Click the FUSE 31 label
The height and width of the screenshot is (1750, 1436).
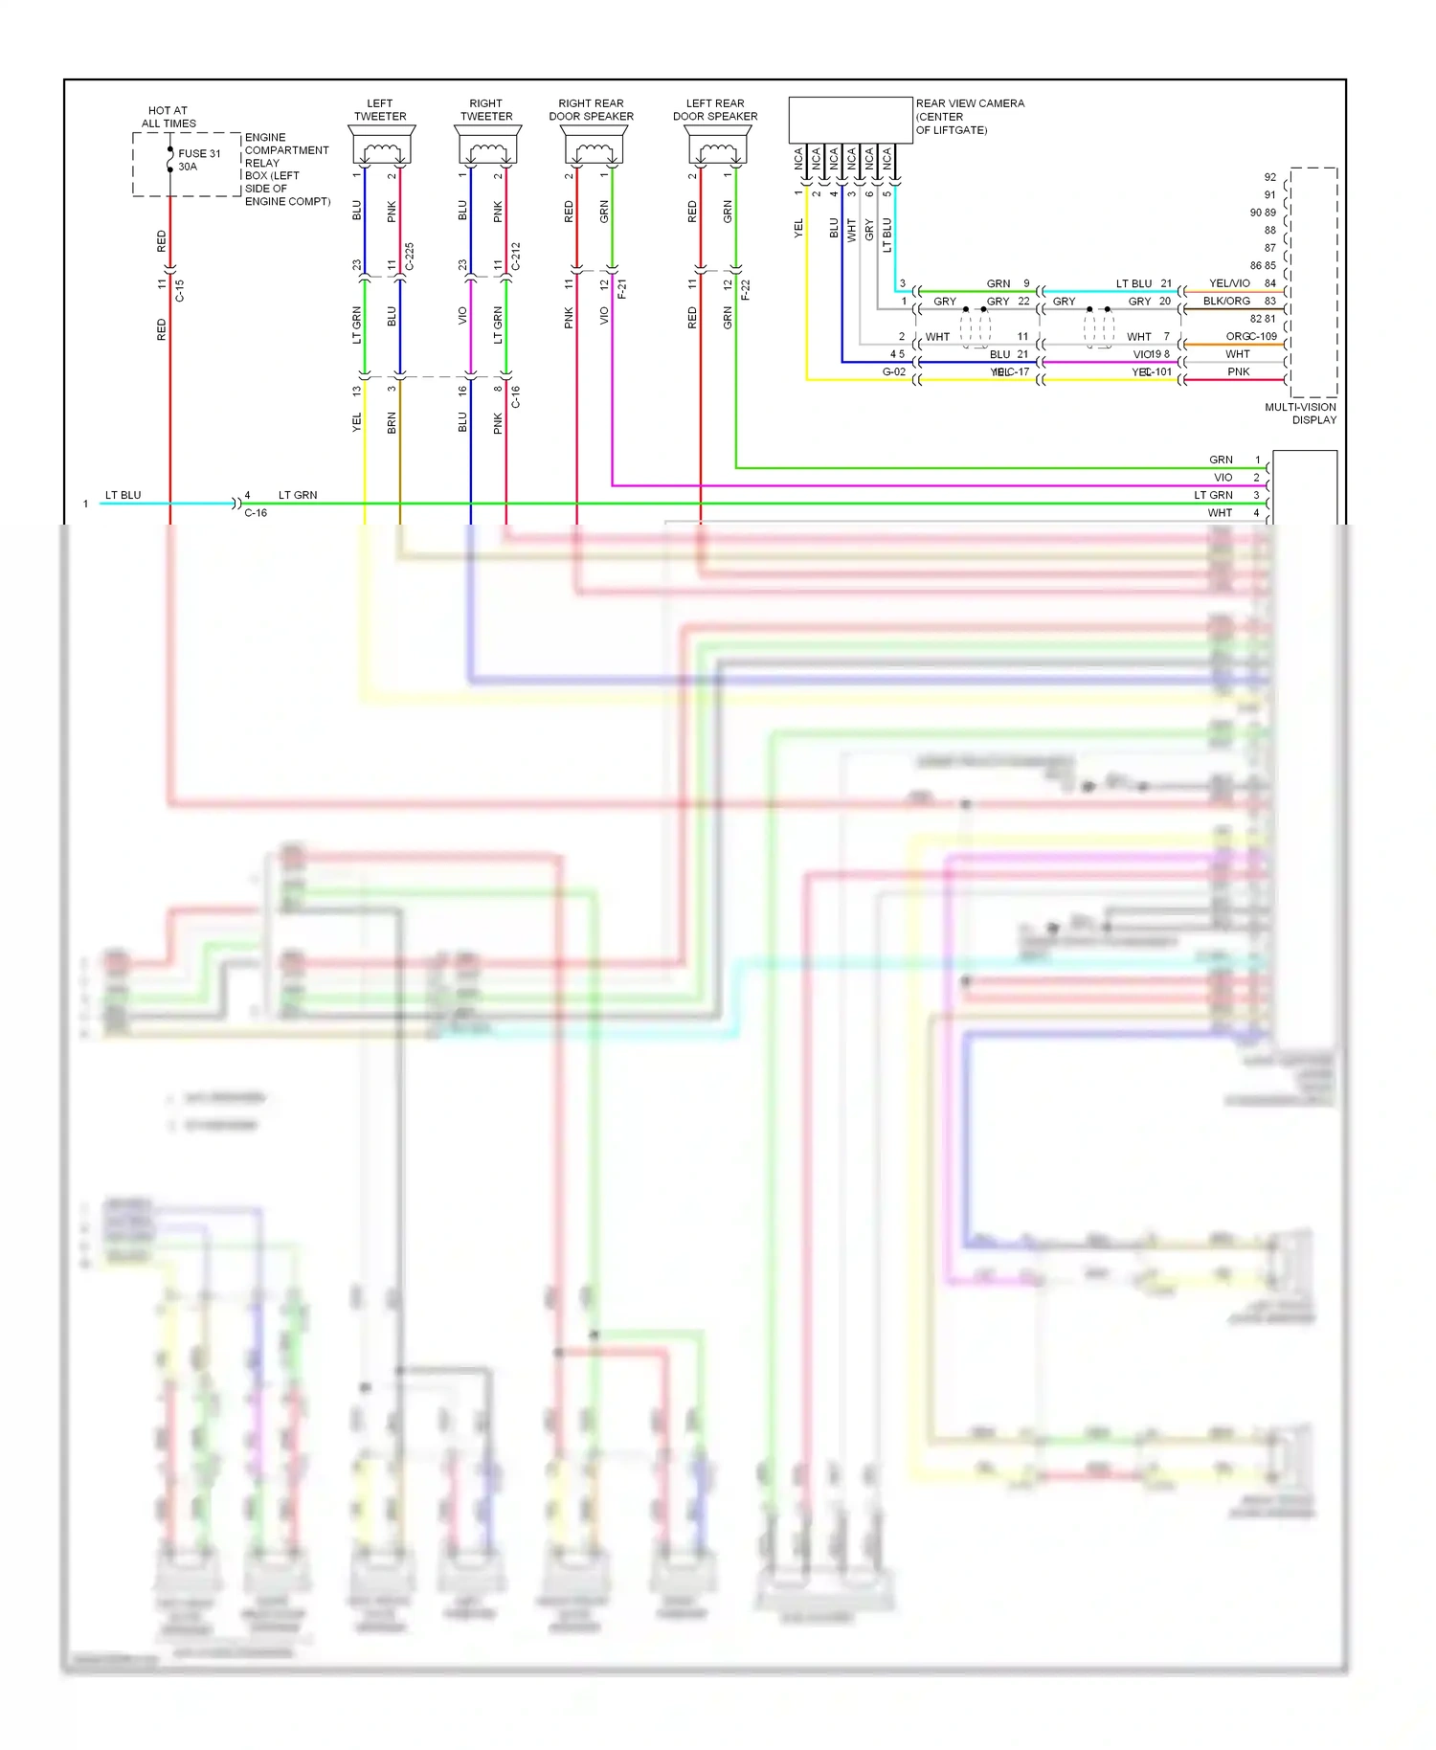pyautogui.click(x=199, y=153)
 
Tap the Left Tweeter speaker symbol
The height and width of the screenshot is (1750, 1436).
pyautogui.click(x=381, y=150)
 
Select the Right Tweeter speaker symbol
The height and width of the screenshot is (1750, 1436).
pyautogui.click(x=487, y=150)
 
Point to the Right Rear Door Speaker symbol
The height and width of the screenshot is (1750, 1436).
pyautogui.click(x=594, y=150)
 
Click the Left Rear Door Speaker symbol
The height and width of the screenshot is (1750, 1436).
pyautogui.click(x=717, y=150)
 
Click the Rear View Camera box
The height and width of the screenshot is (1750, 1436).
pyautogui.click(x=850, y=120)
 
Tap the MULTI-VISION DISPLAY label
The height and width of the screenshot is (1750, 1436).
pyautogui.click(x=1300, y=414)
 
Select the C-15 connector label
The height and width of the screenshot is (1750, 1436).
pyautogui.click(x=179, y=290)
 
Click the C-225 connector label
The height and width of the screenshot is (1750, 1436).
pyautogui.click(x=410, y=257)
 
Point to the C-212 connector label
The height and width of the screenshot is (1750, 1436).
pyautogui.click(x=516, y=257)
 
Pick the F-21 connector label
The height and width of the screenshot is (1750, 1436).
pyautogui.click(x=622, y=288)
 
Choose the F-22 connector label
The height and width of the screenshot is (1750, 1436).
pyautogui.click(x=746, y=288)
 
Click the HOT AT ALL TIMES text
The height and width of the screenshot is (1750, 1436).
pyautogui.click(x=168, y=117)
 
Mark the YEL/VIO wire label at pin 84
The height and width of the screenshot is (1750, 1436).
pyautogui.click(x=1229, y=283)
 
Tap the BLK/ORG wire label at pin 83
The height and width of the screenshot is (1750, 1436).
pyautogui.click(x=1226, y=301)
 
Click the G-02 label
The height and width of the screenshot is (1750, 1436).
pyautogui.click(x=893, y=371)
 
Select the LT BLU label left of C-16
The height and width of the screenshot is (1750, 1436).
pyautogui.click(x=123, y=495)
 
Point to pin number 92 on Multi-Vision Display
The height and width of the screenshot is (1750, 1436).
pyautogui.click(x=1269, y=177)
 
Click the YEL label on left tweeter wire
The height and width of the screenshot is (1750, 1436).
pyautogui.click(x=356, y=422)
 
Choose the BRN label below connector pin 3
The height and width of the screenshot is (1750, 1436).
pyautogui.click(x=392, y=423)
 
